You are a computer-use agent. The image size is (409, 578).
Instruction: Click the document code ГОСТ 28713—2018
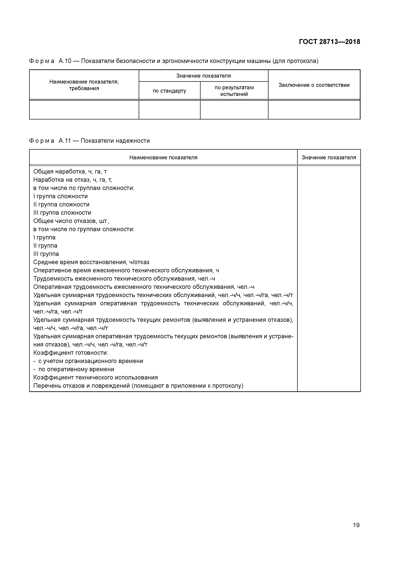tap(329, 42)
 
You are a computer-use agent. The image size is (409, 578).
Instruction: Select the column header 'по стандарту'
tap(169, 91)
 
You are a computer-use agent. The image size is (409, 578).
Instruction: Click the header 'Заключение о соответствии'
tap(314, 85)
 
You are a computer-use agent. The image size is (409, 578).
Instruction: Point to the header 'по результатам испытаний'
tap(234, 91)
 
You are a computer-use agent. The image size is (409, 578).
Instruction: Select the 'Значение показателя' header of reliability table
tap(329, 158)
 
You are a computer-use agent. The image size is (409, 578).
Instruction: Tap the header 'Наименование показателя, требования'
tap(84, 85)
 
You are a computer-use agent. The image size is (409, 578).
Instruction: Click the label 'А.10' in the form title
tap(65, 61)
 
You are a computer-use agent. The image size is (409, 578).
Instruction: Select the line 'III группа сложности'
tap(62, 213)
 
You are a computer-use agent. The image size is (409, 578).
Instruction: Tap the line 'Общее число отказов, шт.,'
tap(71, 221)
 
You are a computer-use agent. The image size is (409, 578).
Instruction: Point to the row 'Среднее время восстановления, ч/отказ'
tap(91, 262)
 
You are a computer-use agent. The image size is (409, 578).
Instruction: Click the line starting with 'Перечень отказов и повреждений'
tap(138, 386)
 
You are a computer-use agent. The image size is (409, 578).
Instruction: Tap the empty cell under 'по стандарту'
tap(169, 110)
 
